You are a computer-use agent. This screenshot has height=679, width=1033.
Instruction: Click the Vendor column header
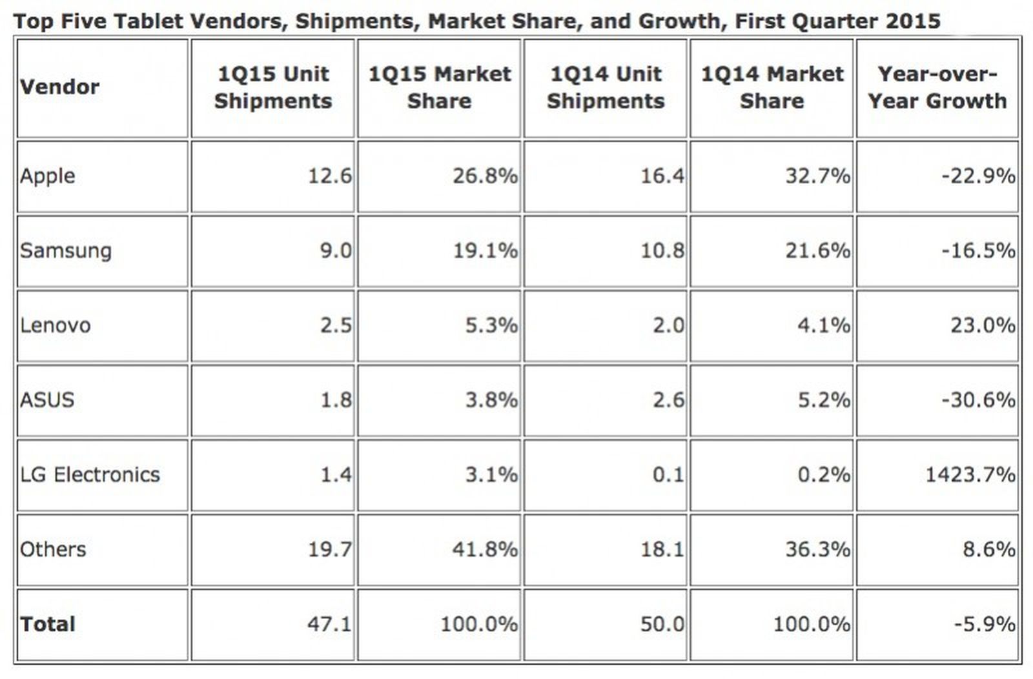tap(59, 86)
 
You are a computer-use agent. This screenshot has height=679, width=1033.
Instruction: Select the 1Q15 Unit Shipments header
tap(272, 87)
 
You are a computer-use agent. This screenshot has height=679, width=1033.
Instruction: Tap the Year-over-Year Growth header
tap(937, 87)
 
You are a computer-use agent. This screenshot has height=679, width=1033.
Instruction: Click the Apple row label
tap(47, 176)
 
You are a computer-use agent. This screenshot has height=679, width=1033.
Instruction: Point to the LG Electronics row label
tap(90, 474)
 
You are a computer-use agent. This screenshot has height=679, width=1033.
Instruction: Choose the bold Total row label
tap(47, 624)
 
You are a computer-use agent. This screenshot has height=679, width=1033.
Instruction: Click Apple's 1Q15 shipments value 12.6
tap(329, 176)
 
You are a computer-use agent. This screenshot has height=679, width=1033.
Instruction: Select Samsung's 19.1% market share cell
tap(485, 250)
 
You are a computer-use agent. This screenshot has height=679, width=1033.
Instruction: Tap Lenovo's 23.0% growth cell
tap(982, 325)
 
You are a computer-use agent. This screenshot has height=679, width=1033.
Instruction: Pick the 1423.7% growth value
tap(970, 474)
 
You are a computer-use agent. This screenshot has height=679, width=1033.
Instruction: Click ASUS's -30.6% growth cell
tap(977, 400)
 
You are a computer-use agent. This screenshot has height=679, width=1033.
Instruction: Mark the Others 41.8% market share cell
tap(485, 549)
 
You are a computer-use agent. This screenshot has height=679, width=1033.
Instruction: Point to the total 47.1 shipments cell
tap(329, 624)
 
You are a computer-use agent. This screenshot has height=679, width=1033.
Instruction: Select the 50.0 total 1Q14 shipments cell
tap(662, 624)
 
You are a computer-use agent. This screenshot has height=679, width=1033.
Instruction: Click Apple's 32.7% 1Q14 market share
tap(817, 176)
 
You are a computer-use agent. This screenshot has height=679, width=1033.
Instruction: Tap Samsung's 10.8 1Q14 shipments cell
tap(662, 250)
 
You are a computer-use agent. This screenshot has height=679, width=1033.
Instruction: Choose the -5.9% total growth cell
tap(984, 624)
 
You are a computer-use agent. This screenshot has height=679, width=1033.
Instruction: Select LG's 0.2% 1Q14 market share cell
tap(823, 474)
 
